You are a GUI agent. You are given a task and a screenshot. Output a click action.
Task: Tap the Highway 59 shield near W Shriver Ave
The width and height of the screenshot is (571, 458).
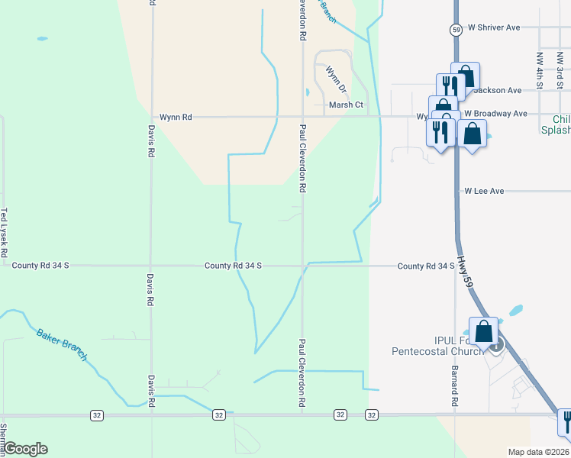(x=454, y=29)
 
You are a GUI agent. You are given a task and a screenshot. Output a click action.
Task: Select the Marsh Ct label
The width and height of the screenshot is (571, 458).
(x=345, y=105)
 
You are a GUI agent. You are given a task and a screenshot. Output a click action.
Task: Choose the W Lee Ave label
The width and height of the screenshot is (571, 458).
(x=484, y=191)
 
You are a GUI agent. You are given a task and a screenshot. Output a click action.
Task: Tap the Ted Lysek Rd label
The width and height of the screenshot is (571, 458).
(x=4, y=232)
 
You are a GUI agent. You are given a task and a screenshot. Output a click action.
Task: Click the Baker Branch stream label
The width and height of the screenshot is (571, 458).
(x=61, y=344)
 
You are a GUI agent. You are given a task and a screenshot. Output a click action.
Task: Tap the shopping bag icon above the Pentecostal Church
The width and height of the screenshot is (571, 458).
(x=483, y=332)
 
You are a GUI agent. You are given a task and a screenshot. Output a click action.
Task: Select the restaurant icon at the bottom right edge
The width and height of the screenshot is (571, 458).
(x=566, y=422)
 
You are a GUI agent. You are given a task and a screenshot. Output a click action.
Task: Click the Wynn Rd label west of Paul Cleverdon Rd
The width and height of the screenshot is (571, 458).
(x=176, y=117)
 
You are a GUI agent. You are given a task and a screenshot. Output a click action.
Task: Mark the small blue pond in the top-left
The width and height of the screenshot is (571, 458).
(x=41, y=38)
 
